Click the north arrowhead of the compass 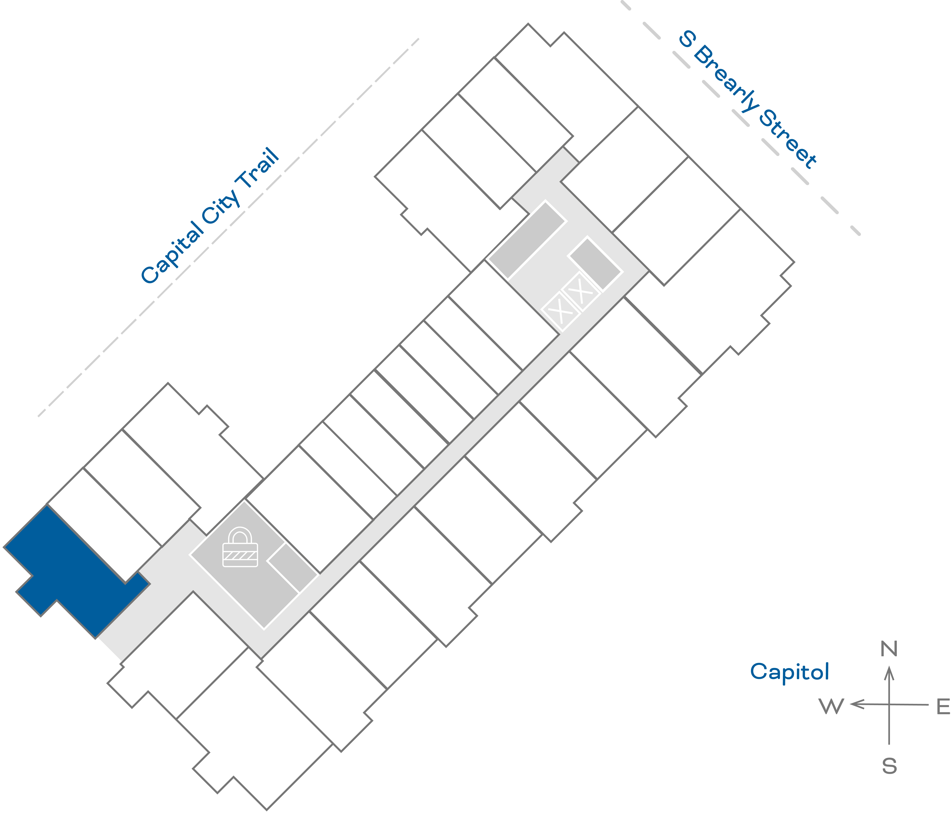(x=889, y=674)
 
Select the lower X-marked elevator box (x=560, y=311)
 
